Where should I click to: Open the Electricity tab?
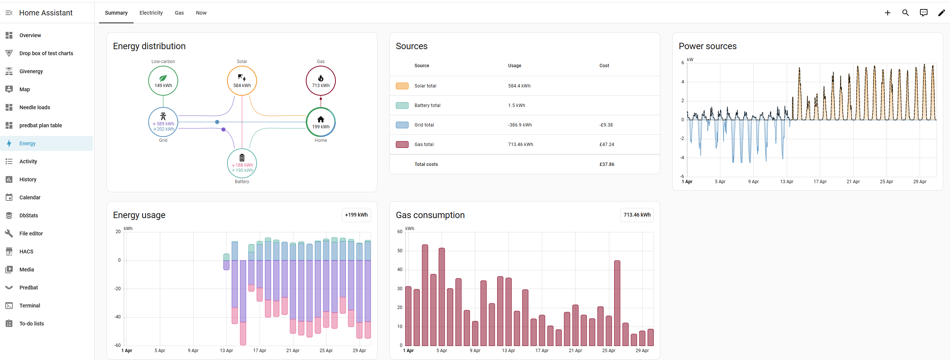coord(151,13)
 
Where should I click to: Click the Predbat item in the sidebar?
coord(29,288)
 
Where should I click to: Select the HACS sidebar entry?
coord(26,252)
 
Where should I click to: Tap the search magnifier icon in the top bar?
coord(905,13)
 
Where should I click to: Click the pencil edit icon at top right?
coord(941,13)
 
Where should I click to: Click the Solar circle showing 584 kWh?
coord(242,81)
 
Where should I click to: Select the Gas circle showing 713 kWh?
coord(321,81)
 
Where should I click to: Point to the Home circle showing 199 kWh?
coord(321,122)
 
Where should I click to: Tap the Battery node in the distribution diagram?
coord(242,163)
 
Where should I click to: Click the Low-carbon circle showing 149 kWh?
coord(163,81)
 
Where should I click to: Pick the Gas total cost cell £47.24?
coord(607,145)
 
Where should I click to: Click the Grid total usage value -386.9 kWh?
coord(520,125)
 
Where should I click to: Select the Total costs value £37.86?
coord(607,164)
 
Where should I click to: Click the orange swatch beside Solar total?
coord(402,86)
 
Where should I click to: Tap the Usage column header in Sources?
coord(514,66)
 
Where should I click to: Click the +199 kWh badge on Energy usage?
coord(356,215)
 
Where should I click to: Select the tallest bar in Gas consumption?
coord(425,295)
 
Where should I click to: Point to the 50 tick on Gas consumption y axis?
coord(400,251)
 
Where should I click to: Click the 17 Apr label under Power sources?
coord(820,182)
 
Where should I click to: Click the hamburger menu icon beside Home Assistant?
coord(9,13)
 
